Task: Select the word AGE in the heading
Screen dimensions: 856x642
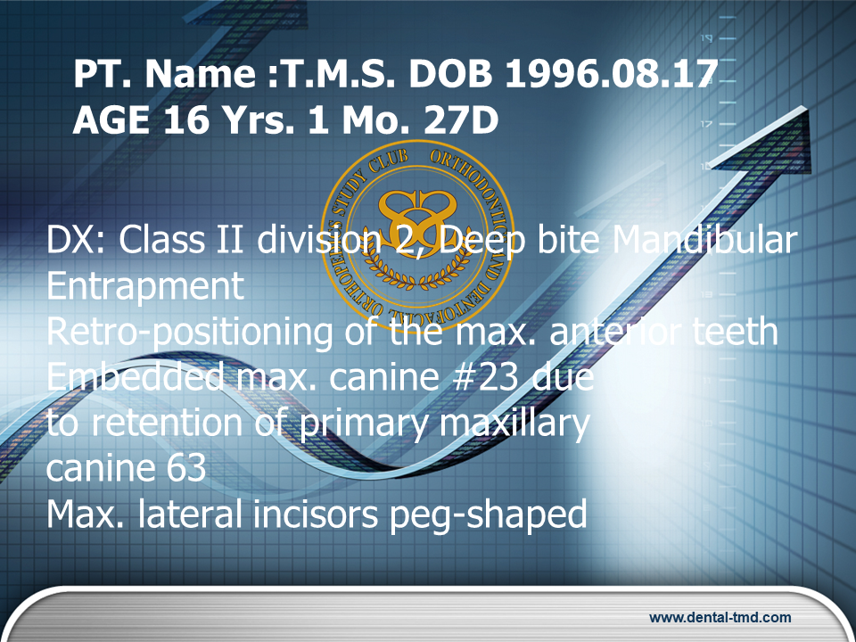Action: (111, 120)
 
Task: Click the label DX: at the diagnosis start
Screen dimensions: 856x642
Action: (78, 240)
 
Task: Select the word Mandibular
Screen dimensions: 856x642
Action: (704, 240)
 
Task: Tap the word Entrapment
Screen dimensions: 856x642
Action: (145, 286)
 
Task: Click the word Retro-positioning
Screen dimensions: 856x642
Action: (189, 333)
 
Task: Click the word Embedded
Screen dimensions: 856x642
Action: (136, 376)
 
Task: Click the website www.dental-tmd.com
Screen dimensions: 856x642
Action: (720, 617)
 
